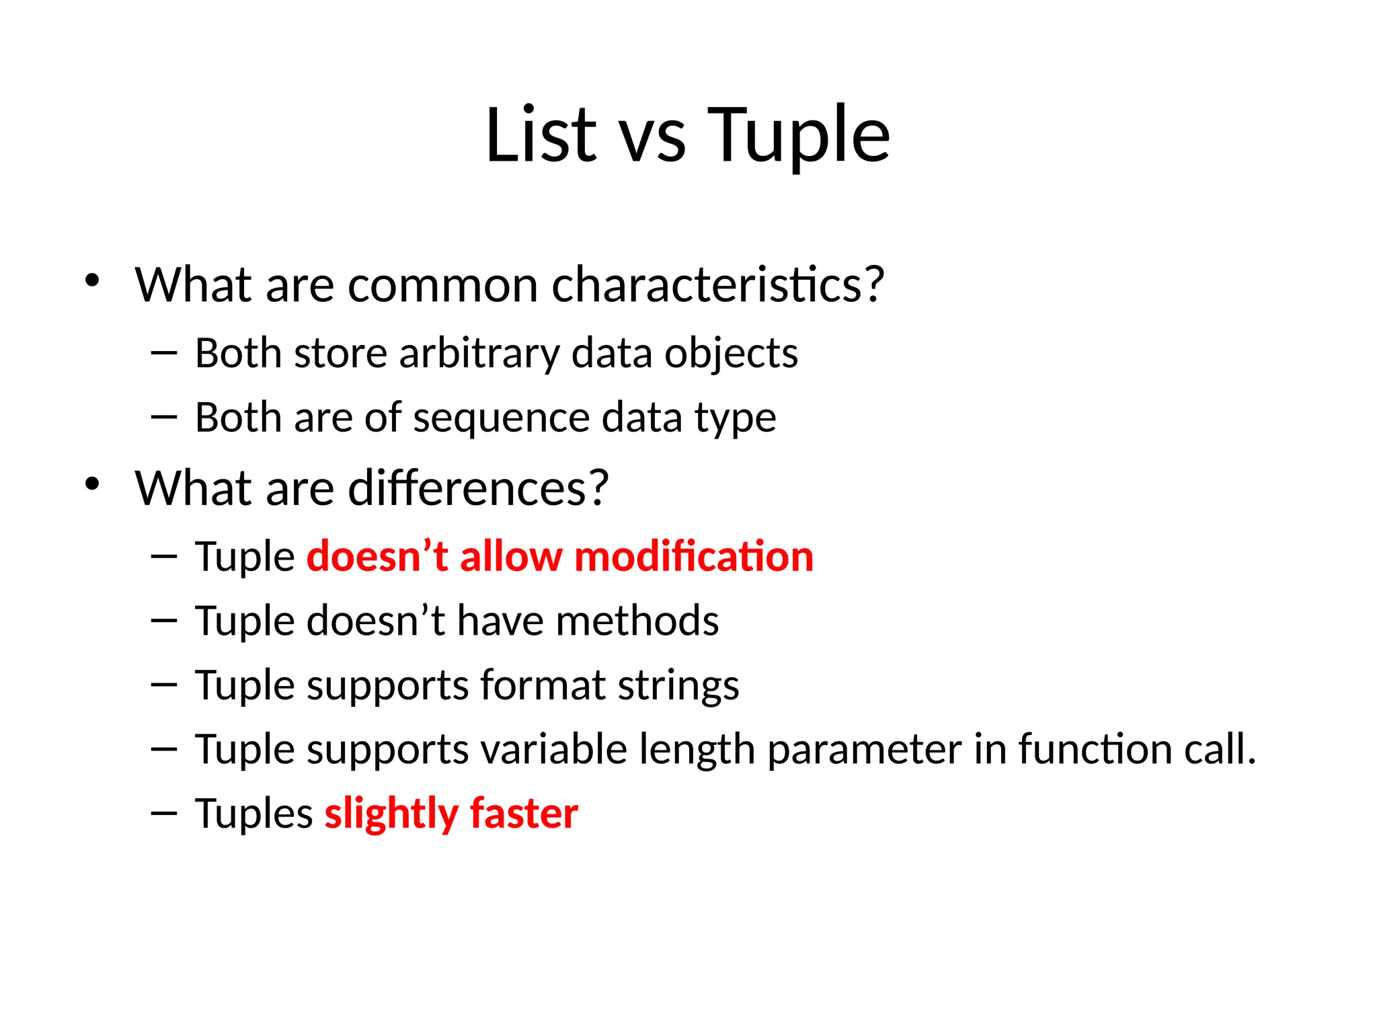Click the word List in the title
[x=541, y=136]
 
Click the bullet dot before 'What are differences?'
[x=92, y=484]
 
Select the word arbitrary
[x=479, y=354]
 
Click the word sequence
[x=501, y=419]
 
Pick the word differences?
[x=478, y=488]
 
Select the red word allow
[x=511, y=557]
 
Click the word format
[x=543, y=685]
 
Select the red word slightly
[x=391, y=814]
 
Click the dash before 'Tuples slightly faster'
[x=164, y=814]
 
